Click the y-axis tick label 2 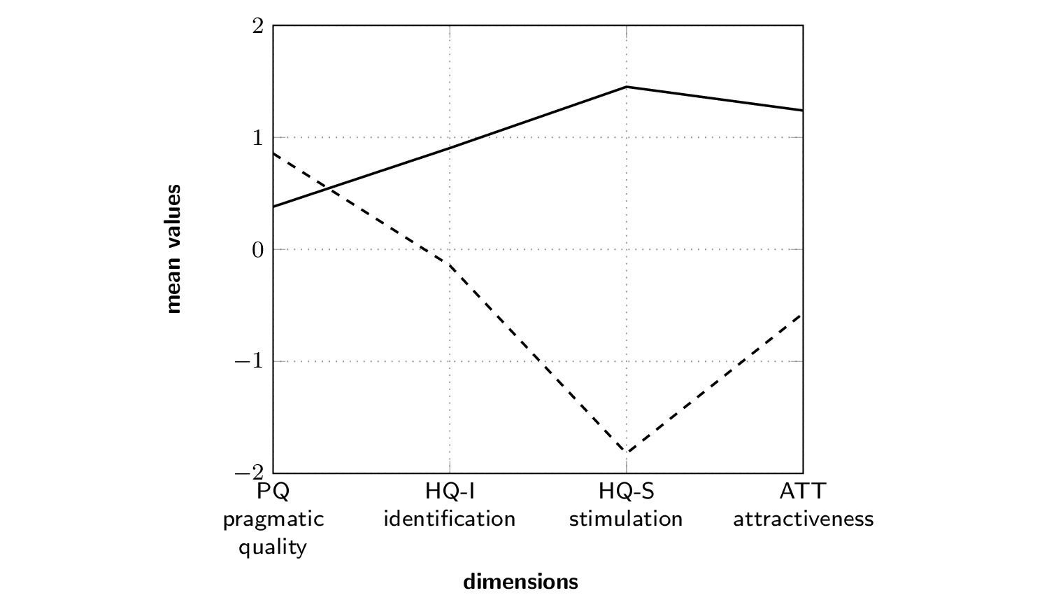[x=258, y=26]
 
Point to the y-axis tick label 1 [x=258, y=137]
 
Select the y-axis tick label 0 [x=258, y=250]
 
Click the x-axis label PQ [x=273, y=491]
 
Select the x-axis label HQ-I [x=450, y=491]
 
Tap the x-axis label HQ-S [x=626, y=491]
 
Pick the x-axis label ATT [x=803, y=491]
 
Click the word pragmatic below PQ [x=273, y=519]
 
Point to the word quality [x=273, y=547]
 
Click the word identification [x=450, y=519]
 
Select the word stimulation [x=626, y=519]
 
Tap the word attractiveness [x=803, y=519]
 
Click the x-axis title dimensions [x=520, y=582]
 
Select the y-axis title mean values [x=173, y=249]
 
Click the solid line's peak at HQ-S [x=626, y=87]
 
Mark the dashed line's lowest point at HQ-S [x=626, y=453]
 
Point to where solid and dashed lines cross [x=330, y=188]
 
